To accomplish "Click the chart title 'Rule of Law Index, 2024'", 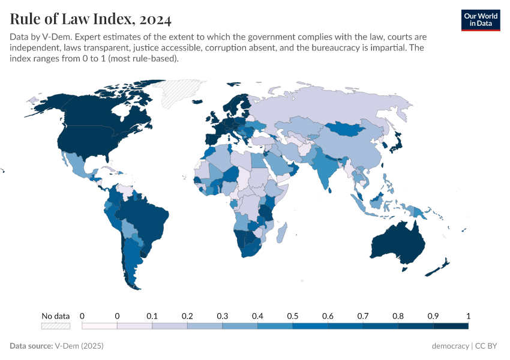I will (91, 19).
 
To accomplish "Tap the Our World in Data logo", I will (481, 20).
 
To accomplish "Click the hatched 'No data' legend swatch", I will (55, 326).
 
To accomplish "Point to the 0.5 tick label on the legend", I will (293, 316).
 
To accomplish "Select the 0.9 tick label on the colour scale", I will (433, 316).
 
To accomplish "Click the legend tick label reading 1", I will (468, 316).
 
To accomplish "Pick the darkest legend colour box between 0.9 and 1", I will (451, 326).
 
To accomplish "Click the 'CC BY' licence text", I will (488, 346).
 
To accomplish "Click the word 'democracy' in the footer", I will (450, 346).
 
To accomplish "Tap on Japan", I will (397, 142).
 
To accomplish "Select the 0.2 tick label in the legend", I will (187, 316).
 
